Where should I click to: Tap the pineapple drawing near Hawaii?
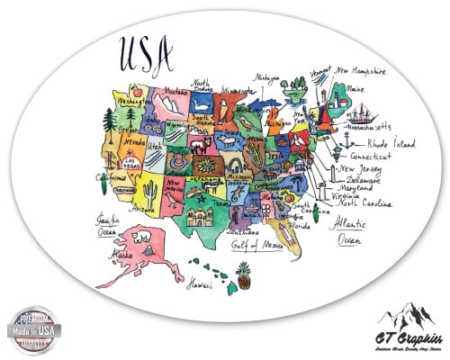pyautogui.click(x=243, y=274)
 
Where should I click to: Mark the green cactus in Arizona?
pyautogui.click(x=148, y=190)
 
